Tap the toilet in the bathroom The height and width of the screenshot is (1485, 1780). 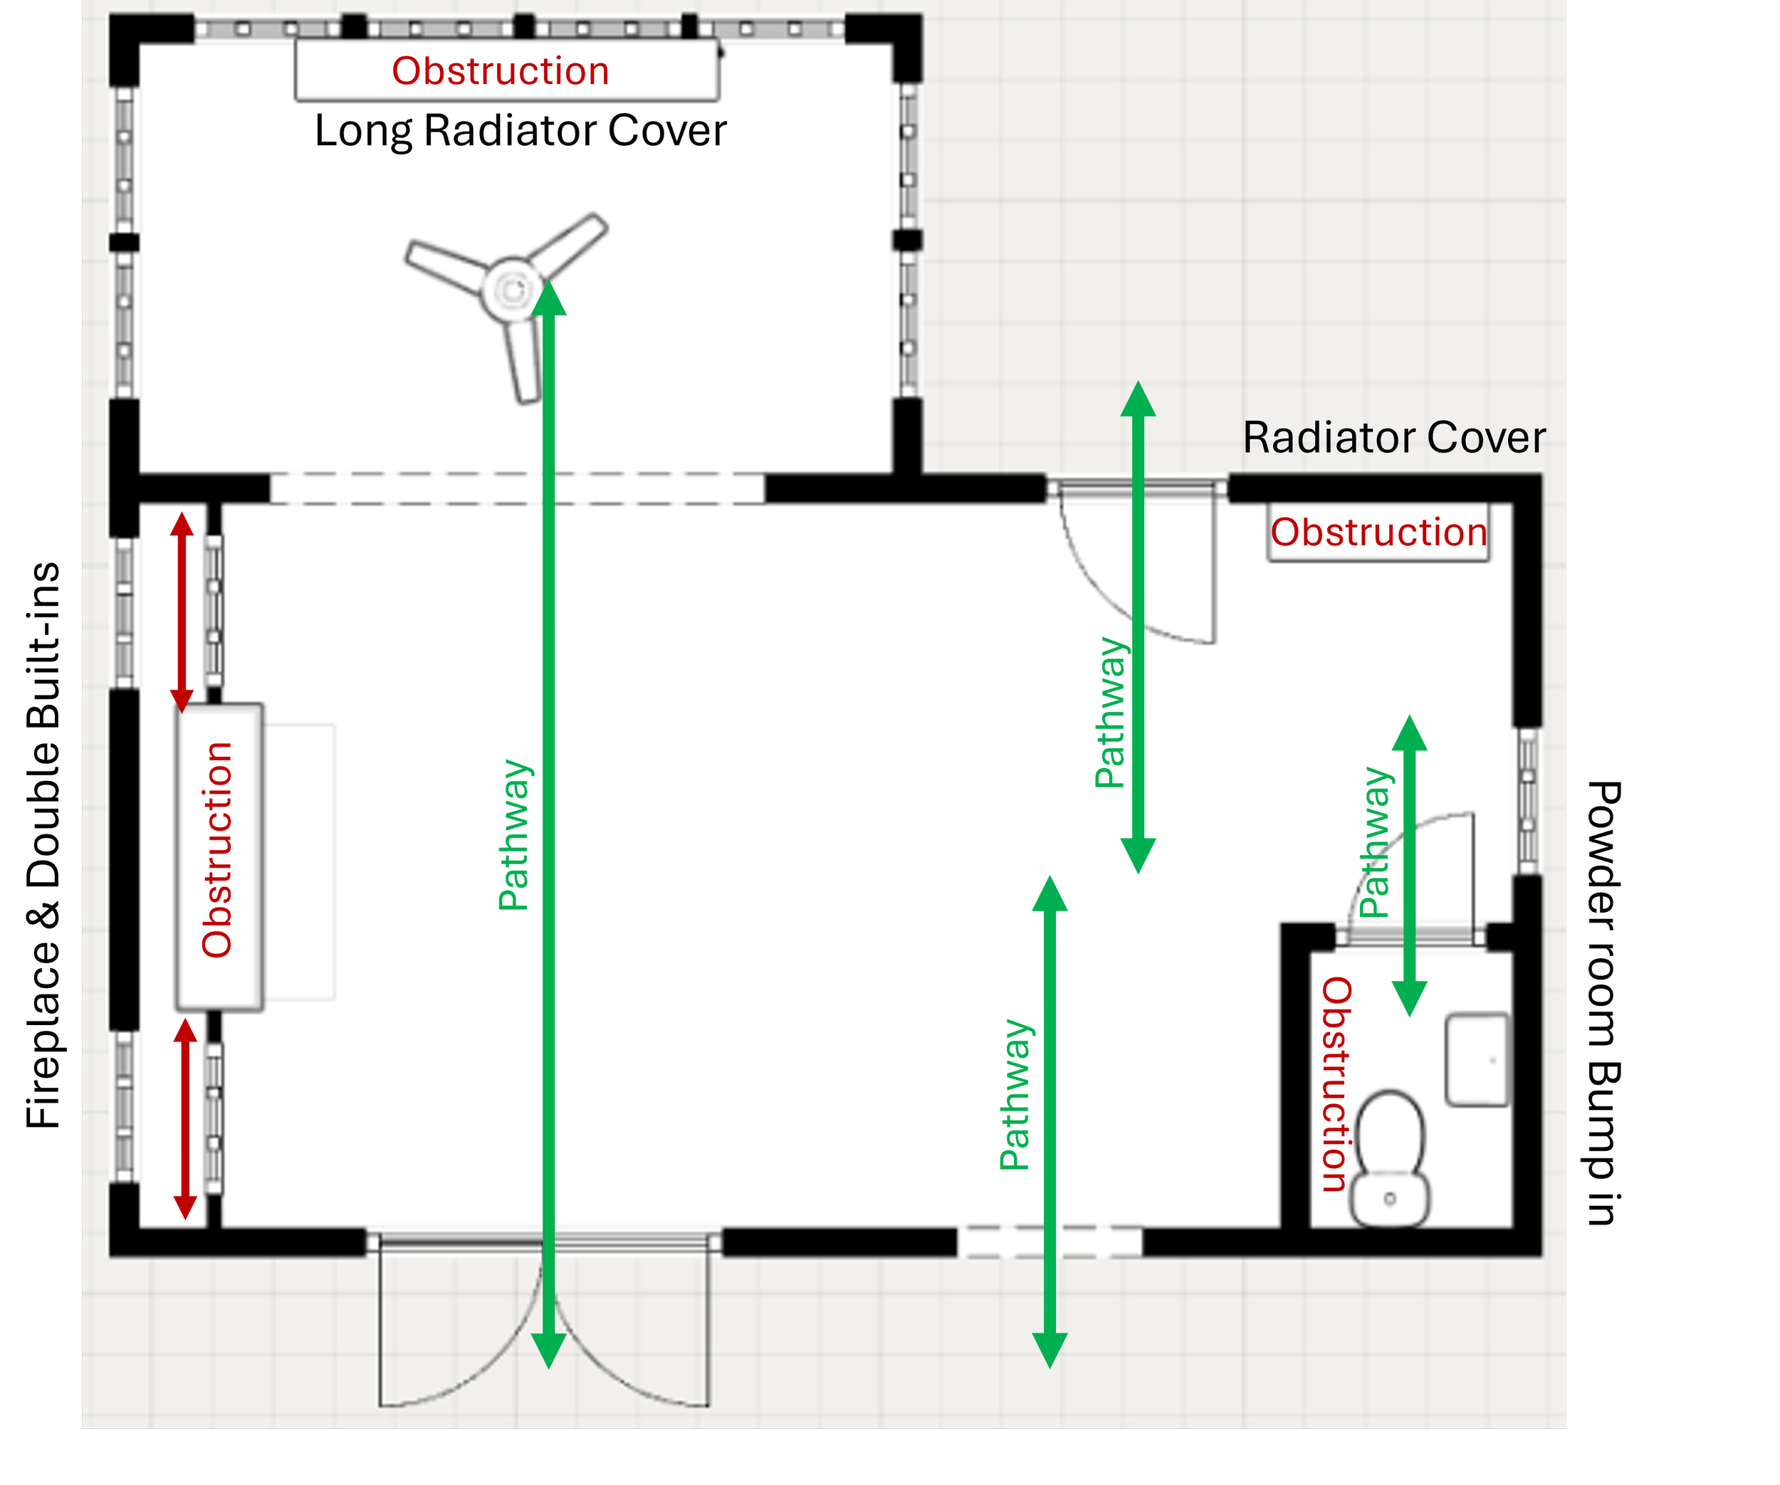click(1390, 1158)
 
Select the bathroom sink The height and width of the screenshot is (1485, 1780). click(1477, 1059)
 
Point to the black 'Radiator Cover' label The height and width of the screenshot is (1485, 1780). click(1393, 439)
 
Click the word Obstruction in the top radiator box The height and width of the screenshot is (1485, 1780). click(500, 71)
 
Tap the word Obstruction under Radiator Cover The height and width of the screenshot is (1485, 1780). click(1378, 532)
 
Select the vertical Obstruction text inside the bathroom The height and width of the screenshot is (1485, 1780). click(1336, 1085)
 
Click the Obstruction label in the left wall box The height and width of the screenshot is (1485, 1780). click(217, 850)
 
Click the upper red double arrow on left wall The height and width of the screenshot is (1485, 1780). click(182, 612)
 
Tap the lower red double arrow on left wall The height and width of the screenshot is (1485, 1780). click(186, 1119)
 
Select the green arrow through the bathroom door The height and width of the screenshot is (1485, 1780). click(1410, 864)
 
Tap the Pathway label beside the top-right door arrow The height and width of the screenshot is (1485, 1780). click(1111, 713)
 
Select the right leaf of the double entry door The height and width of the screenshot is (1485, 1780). click(636, 1339)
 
